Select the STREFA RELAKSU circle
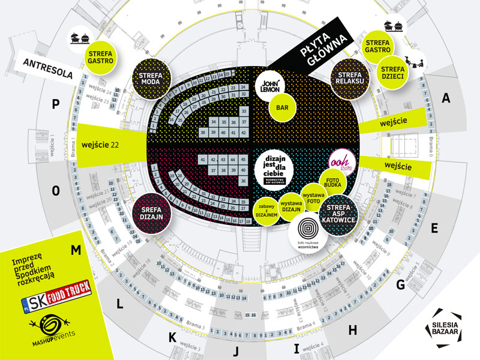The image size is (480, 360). tap(348, 79)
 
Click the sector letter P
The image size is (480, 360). tap(56, 104)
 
